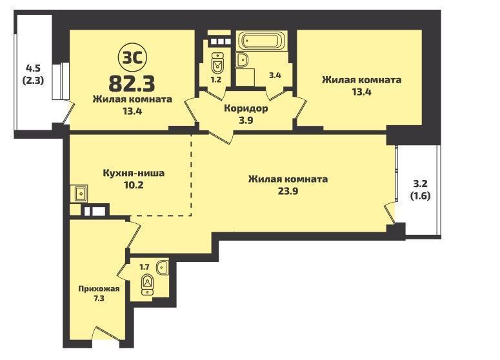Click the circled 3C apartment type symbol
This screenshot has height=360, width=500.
tap(133, 58)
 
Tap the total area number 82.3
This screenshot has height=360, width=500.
tap(132, 83)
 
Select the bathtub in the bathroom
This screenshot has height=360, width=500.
tap(261, 41)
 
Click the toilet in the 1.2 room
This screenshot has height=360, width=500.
tap(218, 63)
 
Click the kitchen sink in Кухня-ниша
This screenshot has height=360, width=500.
tap(81, 194)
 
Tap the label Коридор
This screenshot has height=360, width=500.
tap(246, 108)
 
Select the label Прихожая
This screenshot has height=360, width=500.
tap(99, 289)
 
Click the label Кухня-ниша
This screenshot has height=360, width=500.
tap(134, 173)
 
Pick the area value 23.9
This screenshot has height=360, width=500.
tap(288, 192)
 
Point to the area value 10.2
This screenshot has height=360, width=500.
tap(133, 185)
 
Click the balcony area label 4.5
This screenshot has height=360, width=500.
tap(33, 68)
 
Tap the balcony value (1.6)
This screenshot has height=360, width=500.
tap(420, 195)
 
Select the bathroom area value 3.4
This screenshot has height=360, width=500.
tap(275, 76)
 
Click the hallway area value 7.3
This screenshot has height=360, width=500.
tap(99, 299)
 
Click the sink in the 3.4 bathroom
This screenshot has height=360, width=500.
tap(243, 59)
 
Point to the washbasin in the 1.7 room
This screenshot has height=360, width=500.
tap(163, 267)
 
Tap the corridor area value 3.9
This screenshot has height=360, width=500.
tap(246, 121)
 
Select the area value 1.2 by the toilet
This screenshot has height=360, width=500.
tap(216, 79)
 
